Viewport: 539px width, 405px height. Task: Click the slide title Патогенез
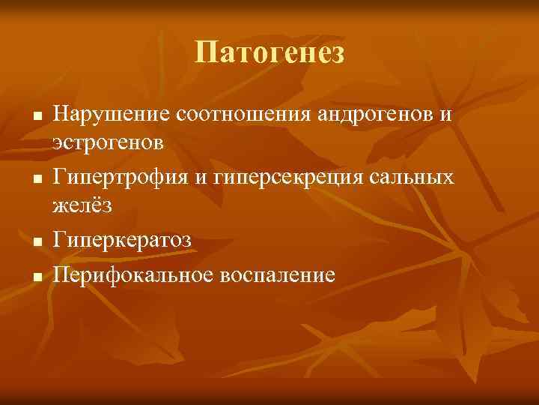point(269,53)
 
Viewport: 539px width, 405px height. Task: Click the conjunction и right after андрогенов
point(447,115)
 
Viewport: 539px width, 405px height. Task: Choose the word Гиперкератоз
point(122,239)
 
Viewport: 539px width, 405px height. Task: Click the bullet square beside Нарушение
point(35,117)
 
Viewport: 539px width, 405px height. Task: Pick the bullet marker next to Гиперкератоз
point(35,241)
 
